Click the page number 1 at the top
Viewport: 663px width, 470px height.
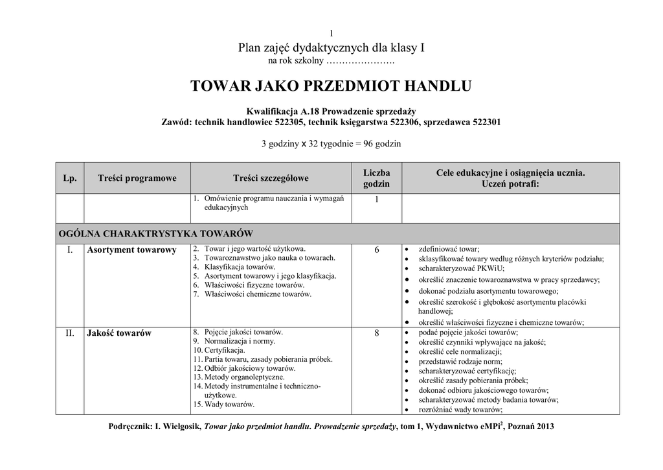(x=331, y=34)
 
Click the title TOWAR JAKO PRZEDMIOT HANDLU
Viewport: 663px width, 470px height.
(x=331, y=86)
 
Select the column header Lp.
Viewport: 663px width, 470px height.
(x=69, y=178)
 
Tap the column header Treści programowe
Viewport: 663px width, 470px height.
(x=137, y=178)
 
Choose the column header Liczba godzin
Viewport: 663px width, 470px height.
(x=376, y=178)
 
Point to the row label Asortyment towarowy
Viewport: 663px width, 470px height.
(x=131, y=250)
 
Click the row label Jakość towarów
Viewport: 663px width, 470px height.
(x=119, y=333)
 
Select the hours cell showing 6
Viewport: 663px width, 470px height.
(x=376, y=250)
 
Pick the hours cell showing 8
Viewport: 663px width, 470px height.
(x=376, y=333)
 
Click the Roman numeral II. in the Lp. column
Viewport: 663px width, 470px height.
(x=70, y=333)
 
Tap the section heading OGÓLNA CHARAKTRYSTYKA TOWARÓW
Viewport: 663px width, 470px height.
(x=155, y=233)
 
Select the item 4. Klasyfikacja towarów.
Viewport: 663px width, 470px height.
(x=235, y=267)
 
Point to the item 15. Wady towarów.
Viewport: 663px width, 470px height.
(x=223, y=404)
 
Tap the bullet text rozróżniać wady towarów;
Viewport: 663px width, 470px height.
(x=460, y=410)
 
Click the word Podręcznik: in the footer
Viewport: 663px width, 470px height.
(x=129, y=427)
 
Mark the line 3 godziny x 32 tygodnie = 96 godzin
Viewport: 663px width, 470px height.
(x=331, y=144)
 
